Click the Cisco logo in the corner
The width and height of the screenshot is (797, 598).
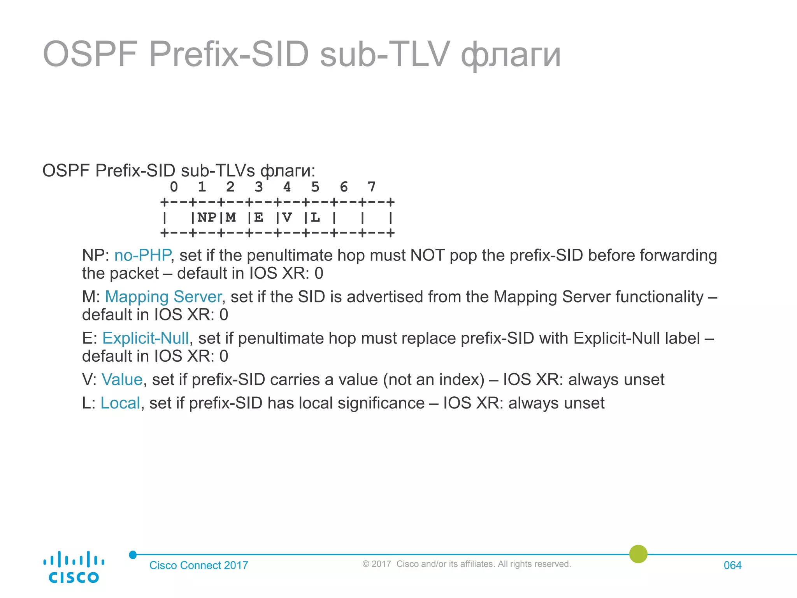click(74, 567)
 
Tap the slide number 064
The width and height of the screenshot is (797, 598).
click(732, 565)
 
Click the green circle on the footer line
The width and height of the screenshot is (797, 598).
click(638, 554)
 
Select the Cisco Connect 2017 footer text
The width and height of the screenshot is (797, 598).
click(198, 565)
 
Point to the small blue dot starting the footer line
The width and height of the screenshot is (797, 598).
click(133, 554)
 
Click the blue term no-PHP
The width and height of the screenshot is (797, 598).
click(142, 255)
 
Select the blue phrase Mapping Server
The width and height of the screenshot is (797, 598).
click(163, 297)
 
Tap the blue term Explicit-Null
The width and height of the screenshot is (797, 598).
click(146, 338)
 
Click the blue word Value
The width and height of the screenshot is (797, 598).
click(122, 379)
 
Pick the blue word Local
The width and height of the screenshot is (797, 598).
click(120, 403)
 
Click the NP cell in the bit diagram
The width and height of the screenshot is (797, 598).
click(207, 218)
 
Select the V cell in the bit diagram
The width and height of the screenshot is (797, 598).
click(287, 218)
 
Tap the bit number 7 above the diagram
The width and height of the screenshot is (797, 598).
click(371, 187)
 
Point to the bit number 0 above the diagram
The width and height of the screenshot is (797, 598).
click(174, 187)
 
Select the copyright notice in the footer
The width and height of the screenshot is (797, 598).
click(466, 564)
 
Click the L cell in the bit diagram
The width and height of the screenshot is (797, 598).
click(315, 218)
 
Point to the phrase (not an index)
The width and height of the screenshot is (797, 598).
click(434, 379)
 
